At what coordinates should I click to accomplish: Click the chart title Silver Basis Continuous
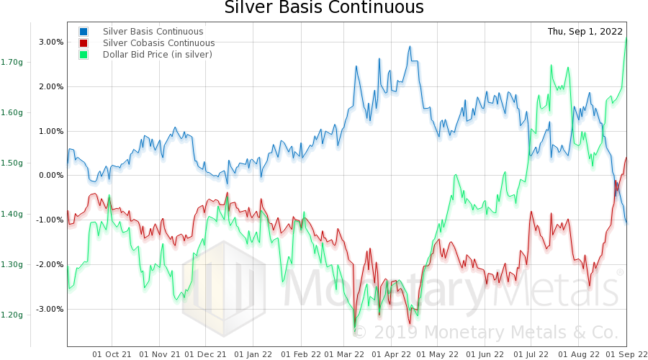tap(323, 9)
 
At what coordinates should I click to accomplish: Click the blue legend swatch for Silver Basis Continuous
tap(84, 32)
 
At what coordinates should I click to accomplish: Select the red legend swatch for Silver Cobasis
tap(84, 43)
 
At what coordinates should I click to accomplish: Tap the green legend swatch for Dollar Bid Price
tap(84, 55)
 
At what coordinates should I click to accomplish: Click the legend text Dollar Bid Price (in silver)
tap(158, 55)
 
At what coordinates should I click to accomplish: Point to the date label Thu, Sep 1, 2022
tap(584, 32)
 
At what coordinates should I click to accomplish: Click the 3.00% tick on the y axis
tap(51, 42)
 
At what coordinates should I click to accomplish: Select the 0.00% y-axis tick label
tap(51, 176)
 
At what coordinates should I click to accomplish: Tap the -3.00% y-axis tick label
tap(50, 310)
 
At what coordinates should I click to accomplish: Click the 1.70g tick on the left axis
tap(12, 62)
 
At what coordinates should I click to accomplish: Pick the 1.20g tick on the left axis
tap(12, 315)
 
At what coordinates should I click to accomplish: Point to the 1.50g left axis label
tap(12, 163)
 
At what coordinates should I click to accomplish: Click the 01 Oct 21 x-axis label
tap(112, 354)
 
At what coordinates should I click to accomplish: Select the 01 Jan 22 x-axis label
tap(253, 354)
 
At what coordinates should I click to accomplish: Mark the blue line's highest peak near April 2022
tap(410, 47)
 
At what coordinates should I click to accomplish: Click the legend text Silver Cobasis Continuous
tap(159, 43)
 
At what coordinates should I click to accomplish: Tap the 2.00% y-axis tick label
tap(51, 87)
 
